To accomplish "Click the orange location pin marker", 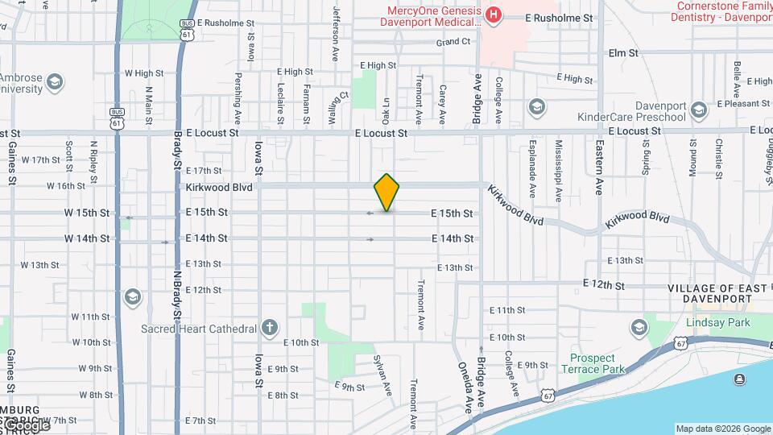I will click(x=387, y=192).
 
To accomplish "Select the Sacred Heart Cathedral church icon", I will click(x=270, y=328).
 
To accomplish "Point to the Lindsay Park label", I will click(x=717, y=322).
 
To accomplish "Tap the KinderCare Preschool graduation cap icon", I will click(x=536, y=107).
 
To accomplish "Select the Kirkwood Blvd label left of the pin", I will click(x=219, y=187).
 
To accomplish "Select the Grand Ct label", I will click(x=453, y=42).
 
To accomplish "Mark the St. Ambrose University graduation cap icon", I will click(x=55, y=81).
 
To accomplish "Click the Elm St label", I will click(x=623, y=53).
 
